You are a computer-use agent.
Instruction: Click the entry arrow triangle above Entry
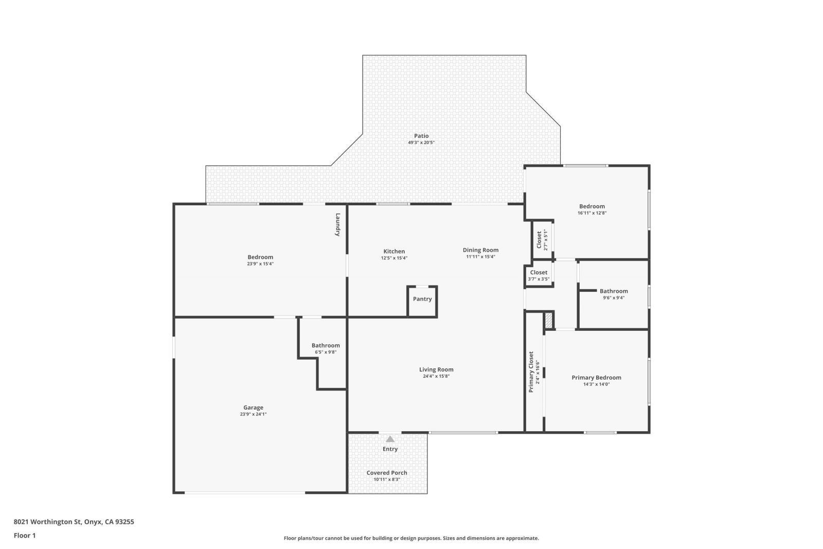point(390,439)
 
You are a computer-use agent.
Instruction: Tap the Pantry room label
point(422,299)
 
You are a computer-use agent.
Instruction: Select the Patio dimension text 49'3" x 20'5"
point(421,143)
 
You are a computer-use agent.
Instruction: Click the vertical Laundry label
point(338,224)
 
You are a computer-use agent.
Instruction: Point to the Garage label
point(253,408)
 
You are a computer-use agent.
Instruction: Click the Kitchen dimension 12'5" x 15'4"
point(394,258)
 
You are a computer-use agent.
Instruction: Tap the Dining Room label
point(480,250)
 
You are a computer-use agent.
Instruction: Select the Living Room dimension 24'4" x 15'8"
point(436,376)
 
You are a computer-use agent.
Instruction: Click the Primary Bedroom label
point(596,377)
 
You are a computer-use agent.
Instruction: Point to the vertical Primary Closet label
point(531,371)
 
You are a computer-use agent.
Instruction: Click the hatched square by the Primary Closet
point(549,320)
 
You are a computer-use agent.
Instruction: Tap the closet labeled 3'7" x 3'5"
point(539,276)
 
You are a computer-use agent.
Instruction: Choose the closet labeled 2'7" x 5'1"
point(542,240)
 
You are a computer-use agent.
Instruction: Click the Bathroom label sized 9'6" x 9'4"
point(614,291)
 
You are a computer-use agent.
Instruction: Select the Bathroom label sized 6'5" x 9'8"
point(326,345)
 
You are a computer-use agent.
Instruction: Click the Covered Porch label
point(387,473)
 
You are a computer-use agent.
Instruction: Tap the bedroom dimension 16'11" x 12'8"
point(592,213)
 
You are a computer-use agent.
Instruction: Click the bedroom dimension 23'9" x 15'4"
point(260,264)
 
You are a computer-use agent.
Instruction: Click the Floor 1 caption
point(25,536)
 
